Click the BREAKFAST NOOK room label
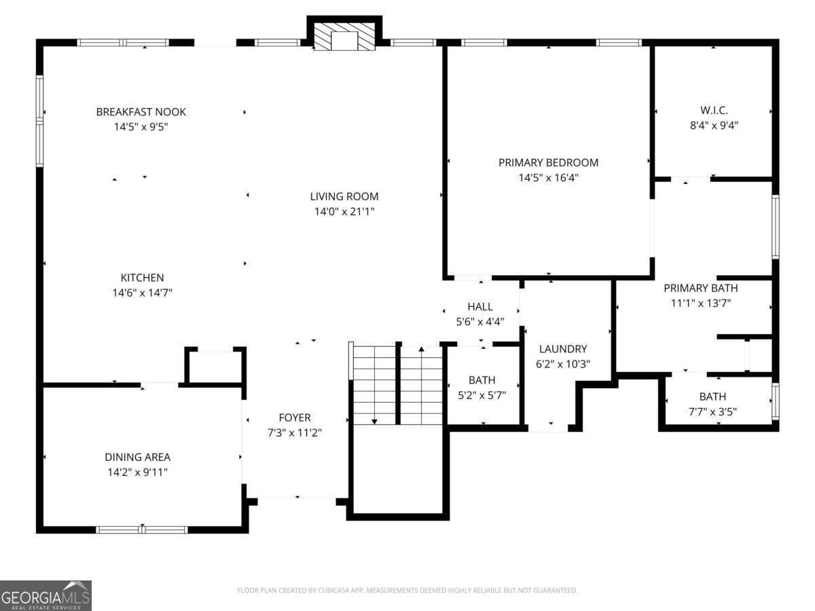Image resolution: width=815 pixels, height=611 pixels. [x=141, y=111]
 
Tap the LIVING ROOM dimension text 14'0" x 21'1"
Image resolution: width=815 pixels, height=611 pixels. [x=344, y=211]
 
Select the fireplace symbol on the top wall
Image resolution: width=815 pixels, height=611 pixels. [x=344, y=37]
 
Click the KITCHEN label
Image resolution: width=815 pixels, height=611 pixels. [x=142, y=278]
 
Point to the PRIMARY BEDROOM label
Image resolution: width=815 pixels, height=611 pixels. [x=548, y=162]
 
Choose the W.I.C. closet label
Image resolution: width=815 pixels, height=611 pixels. [x=714, y=110]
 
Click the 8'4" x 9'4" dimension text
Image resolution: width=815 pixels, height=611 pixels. [x=714, y=126]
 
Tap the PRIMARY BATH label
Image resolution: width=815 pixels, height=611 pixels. [x=700, y=288]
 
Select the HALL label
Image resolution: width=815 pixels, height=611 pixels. [x=480, y=306]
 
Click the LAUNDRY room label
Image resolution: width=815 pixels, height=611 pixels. [x=563, y=349]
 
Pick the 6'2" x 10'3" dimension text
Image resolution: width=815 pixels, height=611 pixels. [x=563, y=364]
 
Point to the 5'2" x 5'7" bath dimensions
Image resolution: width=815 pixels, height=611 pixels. [x=482, y=395]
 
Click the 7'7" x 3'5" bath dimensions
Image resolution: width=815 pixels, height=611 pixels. [x=712, y=412]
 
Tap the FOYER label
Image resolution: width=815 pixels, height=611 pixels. [x=295, y=418]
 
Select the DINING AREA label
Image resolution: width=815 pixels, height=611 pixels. [x=137, y=457]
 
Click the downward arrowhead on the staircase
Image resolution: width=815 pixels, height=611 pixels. [x=374, y=422]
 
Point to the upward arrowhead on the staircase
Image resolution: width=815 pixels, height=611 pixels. [x=422, y=349]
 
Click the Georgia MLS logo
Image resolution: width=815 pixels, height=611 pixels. [x=46, y=596]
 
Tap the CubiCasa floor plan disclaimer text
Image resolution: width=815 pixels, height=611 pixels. [x=407, y=590]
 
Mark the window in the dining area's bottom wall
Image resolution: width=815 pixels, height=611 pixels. [x=142, y=530]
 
